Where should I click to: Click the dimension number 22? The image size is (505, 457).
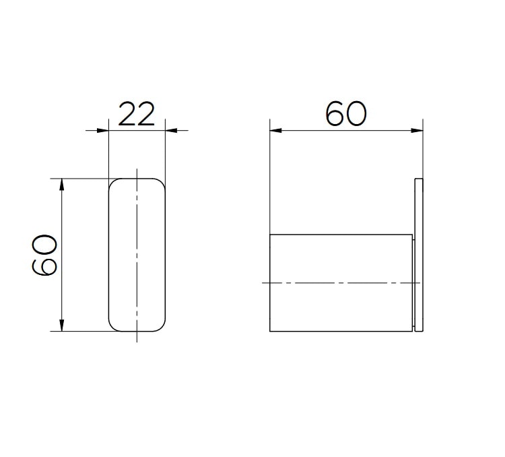pos(137,114)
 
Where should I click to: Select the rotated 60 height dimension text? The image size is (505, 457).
pos(44,255)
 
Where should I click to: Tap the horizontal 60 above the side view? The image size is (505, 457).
pos(346,114)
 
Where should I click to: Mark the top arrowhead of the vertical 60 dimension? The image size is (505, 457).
pos(62,182)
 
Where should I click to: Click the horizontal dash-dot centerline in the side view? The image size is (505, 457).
pos(337,283)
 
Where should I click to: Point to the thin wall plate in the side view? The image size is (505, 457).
pos(419,255)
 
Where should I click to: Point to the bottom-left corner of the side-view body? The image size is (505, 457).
pos(270,331)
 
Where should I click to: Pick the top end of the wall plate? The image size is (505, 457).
pos(419,179)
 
